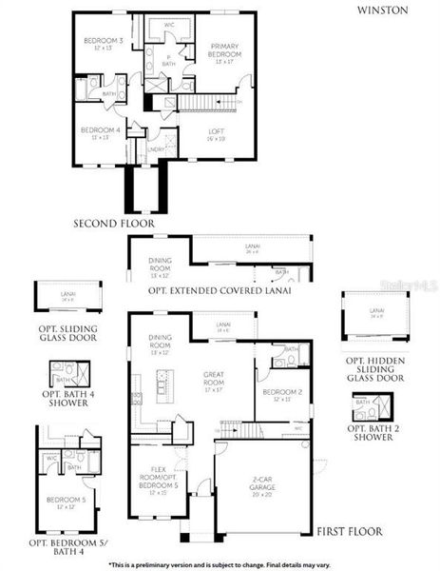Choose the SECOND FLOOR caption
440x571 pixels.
(114, 225)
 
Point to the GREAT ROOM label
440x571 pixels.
(214, 377)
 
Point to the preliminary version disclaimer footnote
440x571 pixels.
(220, 563)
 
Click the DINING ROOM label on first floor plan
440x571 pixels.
(159, 342)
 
